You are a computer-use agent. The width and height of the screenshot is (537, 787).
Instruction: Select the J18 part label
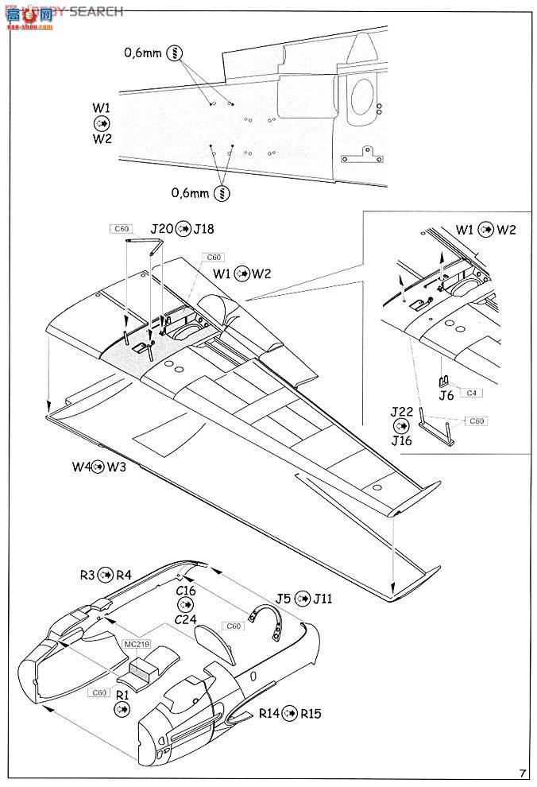pos(203,229)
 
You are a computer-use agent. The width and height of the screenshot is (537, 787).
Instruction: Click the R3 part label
pos(87,576)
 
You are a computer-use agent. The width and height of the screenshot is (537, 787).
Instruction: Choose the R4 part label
pos(126,576)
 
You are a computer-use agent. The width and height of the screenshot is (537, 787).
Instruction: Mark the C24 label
pos(187,619)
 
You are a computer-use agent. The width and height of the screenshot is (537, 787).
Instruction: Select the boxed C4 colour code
pos(471,393)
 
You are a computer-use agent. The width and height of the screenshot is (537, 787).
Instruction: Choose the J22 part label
pos(402,411)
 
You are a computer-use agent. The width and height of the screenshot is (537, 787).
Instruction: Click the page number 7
pos(522,773)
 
